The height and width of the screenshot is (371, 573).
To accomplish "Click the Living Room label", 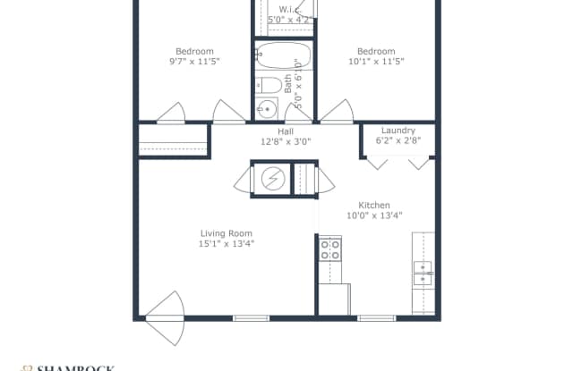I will pyautogui.click(x=227, y=233).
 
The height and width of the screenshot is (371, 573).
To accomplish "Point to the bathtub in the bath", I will pyautogui.click(x=282, y=57).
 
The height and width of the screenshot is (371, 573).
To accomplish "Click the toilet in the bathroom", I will pyautogui.click(x=267, y=87).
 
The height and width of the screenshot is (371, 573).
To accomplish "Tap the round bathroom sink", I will pyautogui.click(x=267, y=110).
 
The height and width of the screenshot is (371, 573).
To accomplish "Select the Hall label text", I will pyautogui.click(x=286, y=131).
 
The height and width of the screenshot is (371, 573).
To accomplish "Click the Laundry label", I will pyautogui.click(x=398, y=131).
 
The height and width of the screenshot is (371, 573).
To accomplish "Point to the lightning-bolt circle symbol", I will pyautogui.click(x=271, y=180).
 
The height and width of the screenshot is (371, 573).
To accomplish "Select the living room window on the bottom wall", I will pyautogui.click(x=245, y=317).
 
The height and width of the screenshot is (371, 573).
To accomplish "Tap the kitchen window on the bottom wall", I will pyautogui.click(x=370, y=317).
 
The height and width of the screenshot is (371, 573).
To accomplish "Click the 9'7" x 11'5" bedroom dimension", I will pyautogui.click(x=194, y=62).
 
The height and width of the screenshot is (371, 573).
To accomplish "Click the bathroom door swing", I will pyautogui.click(x=298, y=114).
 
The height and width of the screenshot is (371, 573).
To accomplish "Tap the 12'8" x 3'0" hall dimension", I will pyautogui.click(x=286, y=141).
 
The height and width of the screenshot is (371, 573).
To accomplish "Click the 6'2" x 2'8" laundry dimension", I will pyautogui.click(x=398, y=140).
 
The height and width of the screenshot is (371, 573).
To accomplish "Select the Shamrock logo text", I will pyautogui.click(x=76, y=366).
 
